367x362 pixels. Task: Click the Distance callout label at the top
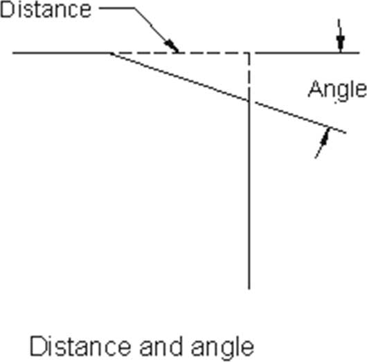46,10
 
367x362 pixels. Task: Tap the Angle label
337,90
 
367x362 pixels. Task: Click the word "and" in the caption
161,346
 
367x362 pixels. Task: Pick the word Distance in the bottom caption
80,346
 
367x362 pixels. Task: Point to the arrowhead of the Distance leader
172,46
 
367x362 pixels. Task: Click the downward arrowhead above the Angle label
341,44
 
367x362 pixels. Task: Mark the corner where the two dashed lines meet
249,53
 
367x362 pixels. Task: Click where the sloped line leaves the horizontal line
111,53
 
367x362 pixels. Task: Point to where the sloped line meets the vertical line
249,100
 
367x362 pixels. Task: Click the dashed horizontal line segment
180,53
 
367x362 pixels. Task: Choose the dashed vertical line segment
249,77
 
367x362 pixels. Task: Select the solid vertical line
249,195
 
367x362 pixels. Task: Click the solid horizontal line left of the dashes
62,53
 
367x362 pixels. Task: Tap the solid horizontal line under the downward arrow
307,53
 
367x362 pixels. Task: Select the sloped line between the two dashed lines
180,77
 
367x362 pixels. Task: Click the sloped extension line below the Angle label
301,118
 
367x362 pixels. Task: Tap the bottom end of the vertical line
249,289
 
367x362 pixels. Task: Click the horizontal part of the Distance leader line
116,8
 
